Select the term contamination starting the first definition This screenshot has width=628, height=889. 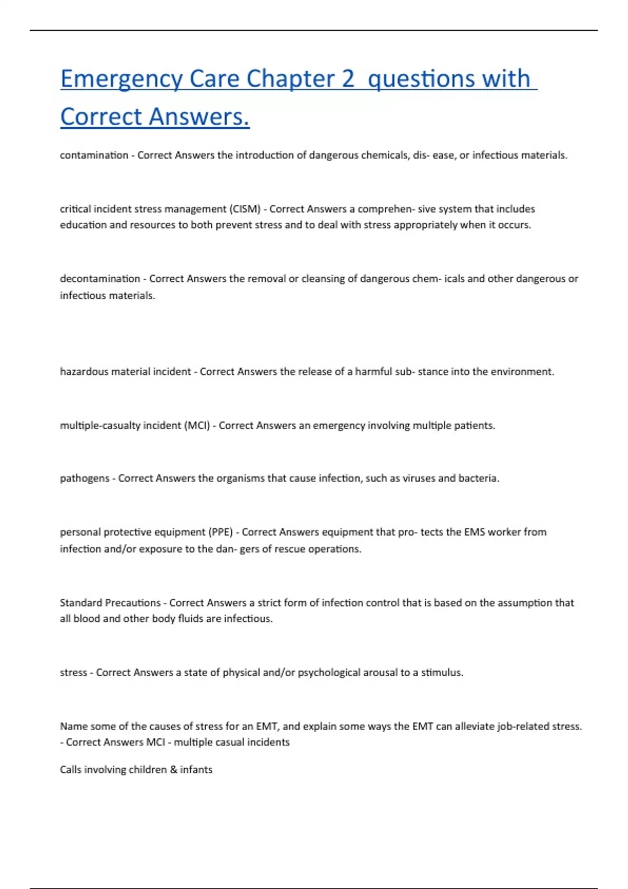[94, 155]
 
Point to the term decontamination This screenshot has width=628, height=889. [100, 279]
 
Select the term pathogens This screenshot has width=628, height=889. [85, 478]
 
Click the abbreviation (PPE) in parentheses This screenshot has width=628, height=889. [220, 532]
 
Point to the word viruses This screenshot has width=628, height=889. [419, 478]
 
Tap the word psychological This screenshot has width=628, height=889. [329, 673]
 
